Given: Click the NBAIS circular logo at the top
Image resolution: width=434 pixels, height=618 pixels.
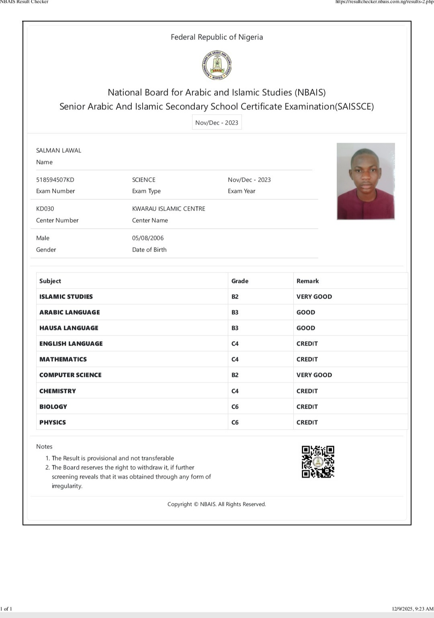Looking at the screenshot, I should pos(217,65).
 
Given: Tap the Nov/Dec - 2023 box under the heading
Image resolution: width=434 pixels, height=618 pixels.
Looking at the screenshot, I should pos(217,123).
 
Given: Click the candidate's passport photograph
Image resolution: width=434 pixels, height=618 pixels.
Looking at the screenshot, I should pos(366,181).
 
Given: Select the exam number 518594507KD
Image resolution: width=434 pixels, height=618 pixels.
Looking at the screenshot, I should pos(55,180).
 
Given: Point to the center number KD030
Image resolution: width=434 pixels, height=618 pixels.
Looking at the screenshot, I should pos(45,209).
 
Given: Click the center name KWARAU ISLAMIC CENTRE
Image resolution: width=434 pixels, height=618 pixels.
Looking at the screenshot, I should pos(168,209).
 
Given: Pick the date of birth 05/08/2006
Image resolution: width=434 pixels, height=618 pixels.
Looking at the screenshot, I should pos(148,238).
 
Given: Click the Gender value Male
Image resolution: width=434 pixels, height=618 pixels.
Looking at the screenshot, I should pos(43,238).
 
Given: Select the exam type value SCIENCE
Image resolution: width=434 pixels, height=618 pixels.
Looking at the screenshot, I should pos(143,180).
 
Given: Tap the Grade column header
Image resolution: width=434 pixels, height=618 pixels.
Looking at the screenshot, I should pos(240,281).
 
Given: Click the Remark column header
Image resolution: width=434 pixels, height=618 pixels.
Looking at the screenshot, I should pos(307,281).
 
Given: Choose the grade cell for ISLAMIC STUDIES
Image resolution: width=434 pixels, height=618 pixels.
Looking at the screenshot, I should pos(235,297).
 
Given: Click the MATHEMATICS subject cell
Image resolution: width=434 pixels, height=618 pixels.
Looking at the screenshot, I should pos(63,359).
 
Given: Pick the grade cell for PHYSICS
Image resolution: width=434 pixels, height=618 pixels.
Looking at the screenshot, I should pos(235,422).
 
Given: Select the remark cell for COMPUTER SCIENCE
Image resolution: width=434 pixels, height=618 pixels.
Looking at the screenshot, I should pos(314,375).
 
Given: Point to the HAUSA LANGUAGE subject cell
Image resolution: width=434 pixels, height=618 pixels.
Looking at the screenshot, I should pos(69,328).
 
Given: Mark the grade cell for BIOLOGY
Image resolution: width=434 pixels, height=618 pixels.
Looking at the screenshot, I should pos(235,407).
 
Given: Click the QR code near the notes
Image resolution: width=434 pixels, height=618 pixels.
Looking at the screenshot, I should pos(318,462).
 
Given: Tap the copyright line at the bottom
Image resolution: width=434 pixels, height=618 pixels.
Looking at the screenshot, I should pos(217,504).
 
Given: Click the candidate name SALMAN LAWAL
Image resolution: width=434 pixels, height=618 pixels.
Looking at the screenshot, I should pos(59,150).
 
